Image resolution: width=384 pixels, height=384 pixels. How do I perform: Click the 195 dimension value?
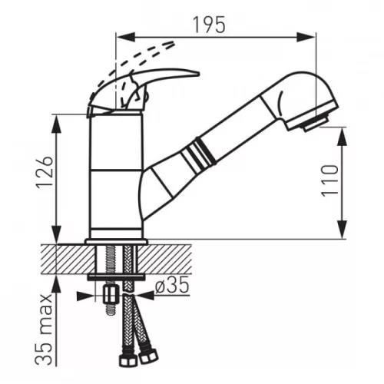tap(209, 25)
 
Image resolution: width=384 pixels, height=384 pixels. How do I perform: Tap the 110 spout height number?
tap(330, 180)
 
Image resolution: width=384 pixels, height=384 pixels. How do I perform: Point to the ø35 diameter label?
tap(172, 285)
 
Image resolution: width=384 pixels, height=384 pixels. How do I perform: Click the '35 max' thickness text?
tap(44, 329)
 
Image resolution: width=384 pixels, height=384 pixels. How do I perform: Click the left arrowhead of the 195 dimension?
tap(125, 38)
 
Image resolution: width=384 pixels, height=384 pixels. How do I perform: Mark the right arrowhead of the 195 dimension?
tap(306, 38)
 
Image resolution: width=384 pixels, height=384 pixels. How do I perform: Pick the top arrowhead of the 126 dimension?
tap(57, 124)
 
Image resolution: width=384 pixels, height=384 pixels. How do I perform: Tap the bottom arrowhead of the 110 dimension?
tap(343, 230)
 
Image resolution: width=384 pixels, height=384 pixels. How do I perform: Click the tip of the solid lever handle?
tap(198, 74)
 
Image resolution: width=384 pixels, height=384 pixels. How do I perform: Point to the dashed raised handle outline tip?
tap(173, 44)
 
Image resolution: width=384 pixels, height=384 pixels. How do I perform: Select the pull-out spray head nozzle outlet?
tap(316, 124)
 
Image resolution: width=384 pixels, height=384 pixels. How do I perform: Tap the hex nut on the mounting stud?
tap(111, 294)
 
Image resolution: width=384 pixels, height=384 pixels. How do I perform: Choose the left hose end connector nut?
tap(127, 360)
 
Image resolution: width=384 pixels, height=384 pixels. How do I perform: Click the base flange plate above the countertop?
tap(117, 241)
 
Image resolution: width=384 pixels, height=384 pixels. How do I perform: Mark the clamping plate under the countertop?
tap(116, 277)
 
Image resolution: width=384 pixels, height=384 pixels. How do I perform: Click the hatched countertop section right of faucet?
tap(166, 259)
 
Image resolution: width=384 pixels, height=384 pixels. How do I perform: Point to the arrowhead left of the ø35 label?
tap(84, 296)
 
